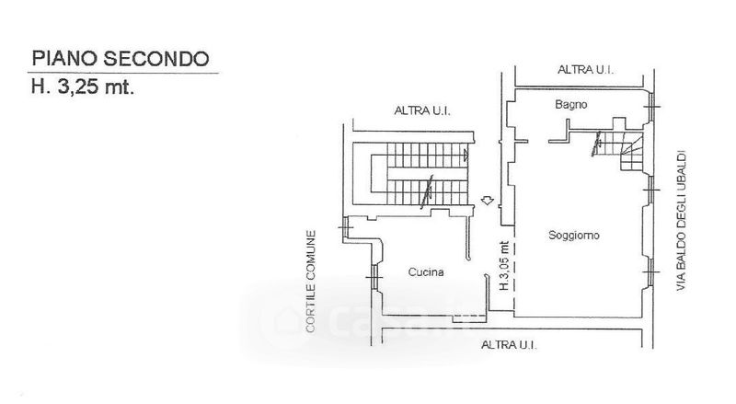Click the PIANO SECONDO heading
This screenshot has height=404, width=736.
coord(121,60)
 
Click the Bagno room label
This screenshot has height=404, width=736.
coord(569,106)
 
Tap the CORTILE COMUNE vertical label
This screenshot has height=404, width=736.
coord(312,281)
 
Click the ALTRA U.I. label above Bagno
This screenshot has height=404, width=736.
coord(586,69)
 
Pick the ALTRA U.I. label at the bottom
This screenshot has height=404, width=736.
coord(508,345)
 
